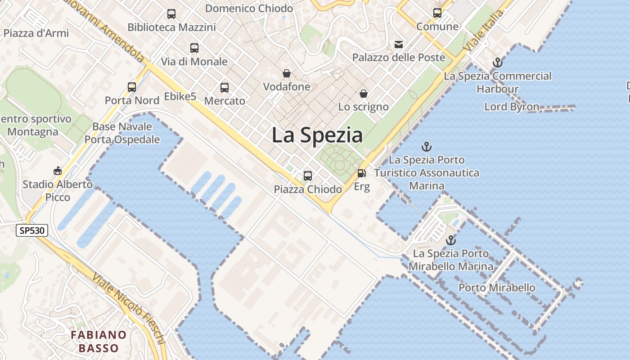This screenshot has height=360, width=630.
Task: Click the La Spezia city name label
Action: (x=317, y=135)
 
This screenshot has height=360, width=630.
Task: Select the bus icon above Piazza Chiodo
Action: (x=308, y=175)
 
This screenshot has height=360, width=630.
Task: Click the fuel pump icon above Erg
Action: (x=361, y=173)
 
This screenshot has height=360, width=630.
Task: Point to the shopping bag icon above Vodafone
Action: (x=287, y=73)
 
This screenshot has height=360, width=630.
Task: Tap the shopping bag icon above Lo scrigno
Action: (x=363, y=94)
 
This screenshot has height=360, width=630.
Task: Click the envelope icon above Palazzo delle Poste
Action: (x=399, y=44)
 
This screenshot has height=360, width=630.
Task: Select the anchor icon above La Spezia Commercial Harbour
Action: (x=497, y=63)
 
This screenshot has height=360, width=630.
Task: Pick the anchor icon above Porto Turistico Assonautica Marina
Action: (x=426, y=147)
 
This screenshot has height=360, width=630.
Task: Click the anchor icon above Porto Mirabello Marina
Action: (x=450, y=240)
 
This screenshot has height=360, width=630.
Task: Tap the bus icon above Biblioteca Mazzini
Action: (x=171, y=13)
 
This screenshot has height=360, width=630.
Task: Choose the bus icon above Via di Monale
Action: (x=194, y=48)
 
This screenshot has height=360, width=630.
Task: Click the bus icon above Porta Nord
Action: (x=132, y=87)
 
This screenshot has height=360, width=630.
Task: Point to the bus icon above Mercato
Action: (x=225, y=88)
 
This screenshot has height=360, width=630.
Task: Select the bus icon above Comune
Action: (x=437, y=13)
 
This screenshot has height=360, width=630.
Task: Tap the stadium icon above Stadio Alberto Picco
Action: (x=58, y=171)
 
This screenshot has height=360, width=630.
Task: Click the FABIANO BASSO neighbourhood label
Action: (x=99, y=341)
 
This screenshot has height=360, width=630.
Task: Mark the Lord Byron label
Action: (x=512, y=107)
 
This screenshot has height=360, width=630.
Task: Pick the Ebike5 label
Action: (x=180, y=96)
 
